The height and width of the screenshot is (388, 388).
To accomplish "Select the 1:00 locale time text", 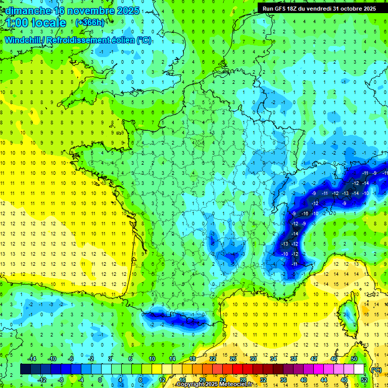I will (x=36, y=23).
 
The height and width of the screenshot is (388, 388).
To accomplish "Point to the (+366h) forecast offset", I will (x=89, y=23).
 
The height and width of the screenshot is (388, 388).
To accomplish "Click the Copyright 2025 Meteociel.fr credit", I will (x=221, y=384).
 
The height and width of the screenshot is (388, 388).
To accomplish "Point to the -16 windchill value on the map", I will (x=305, y=214).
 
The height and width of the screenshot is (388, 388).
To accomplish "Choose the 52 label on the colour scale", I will (x=364, y=379).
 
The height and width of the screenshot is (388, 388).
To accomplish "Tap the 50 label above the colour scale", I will (x=354, y=358).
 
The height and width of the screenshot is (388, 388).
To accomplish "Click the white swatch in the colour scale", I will (x=359, y=369).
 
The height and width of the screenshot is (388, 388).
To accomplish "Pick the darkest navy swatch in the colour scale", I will (x=25, y=369).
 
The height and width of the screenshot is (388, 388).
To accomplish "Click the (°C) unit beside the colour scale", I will (x=376, y=369).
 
